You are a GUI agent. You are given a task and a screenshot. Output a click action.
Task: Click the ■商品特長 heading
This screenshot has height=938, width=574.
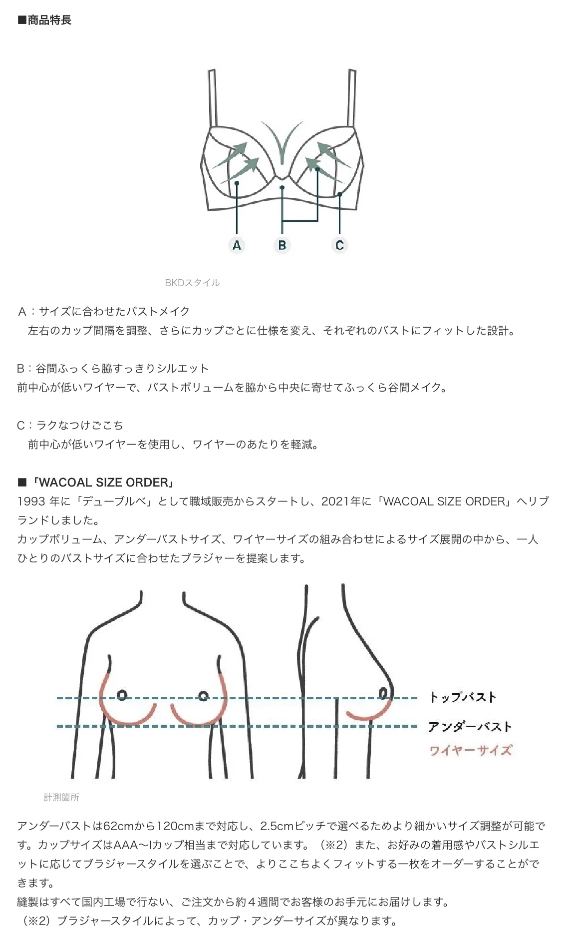pyautogui.click(x=44, y=20)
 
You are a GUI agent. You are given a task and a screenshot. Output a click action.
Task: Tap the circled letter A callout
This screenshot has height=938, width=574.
pyautogui.click(x=237, y=245)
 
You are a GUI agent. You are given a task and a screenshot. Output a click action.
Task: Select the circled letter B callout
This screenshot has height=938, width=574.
pyautogui.click(x=282, y=245)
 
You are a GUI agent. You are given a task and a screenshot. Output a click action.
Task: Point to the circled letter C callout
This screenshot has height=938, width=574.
pyautogui.click(x=339, y=245)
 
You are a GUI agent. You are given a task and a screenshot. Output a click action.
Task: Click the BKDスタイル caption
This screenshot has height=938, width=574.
pyautogui.click(x=192, y=283)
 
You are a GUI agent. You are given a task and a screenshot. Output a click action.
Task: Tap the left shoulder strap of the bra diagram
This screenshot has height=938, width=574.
pyautogui.click(x=213, y=98)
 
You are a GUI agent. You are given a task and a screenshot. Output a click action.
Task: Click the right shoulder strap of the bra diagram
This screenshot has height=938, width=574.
pyautogui.click(x=351, y=98)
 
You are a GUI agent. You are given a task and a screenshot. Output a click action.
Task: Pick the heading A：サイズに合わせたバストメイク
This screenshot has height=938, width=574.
pyautogui.click(x=104, y=312)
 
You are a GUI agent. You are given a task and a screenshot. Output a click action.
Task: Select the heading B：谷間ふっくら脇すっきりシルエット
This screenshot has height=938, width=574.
pyautogui.click(x=113, y=369)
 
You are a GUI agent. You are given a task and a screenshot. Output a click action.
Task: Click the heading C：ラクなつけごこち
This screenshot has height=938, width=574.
pyautogui.click(x=70, y=426)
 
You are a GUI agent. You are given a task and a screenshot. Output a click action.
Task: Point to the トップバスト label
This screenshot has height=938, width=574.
pyautogui.click(x=463, y=697)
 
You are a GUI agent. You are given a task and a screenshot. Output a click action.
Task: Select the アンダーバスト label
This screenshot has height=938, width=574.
pyautogui.click(x=470, y=727)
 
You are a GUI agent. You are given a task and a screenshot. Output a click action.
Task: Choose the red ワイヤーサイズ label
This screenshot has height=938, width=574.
pyautogui.click(x=471, y=750)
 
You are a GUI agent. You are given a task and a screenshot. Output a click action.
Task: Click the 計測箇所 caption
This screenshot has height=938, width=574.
pyautogui.click(x=61, y=798)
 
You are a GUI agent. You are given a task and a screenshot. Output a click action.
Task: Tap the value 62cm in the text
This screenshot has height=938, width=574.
pyautogui.click(x=119, y=826)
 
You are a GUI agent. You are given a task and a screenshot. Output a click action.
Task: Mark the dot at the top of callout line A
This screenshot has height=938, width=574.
pyautogui.click(x=237, y=183)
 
